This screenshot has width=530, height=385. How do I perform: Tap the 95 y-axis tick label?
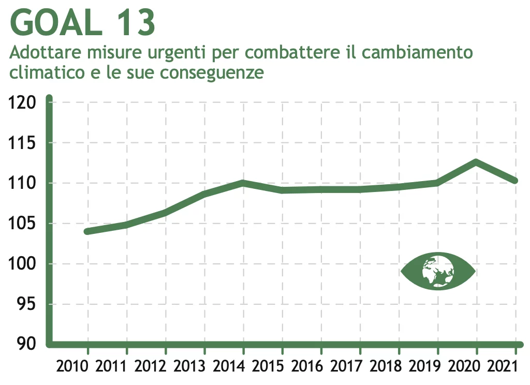coord(27,304)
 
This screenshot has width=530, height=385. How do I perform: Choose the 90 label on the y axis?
coord(27,344)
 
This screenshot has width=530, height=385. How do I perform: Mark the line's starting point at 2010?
coord(87,231)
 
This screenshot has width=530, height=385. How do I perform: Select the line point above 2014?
coord(243,182)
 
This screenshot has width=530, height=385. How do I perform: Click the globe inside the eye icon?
coord(438,271)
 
